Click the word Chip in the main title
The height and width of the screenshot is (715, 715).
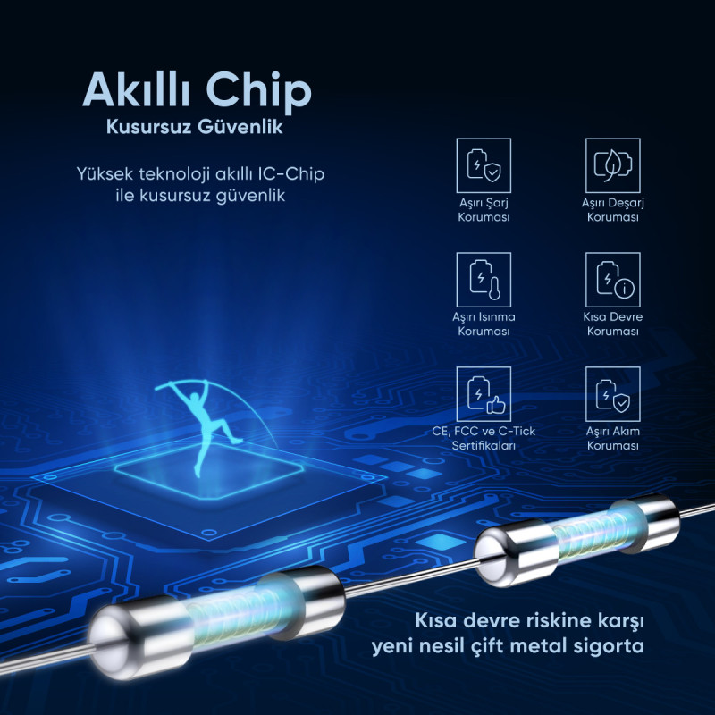259,91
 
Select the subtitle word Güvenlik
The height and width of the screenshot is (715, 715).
240,127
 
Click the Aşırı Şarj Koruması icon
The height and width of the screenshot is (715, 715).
484,165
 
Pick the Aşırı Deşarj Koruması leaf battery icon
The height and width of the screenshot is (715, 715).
613,165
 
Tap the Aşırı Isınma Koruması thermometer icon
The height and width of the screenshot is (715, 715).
484,280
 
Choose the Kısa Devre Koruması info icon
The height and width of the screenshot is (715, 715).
613,280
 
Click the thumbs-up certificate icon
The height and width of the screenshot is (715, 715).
484,394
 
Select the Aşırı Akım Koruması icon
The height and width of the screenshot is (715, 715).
613,394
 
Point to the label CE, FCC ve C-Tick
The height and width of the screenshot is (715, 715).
484,431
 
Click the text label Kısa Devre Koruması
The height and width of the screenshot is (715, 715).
613,324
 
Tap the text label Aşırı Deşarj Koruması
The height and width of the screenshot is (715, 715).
613,210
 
